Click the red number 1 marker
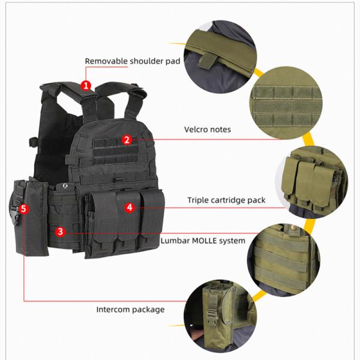click(x=86, y=85)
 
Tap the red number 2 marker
click(x=126, y=140)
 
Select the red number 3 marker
click(x=60, y=231)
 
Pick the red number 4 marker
click(x=130, y=208)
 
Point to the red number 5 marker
click(x=23, y=209)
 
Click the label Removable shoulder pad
click(x=133, y=61)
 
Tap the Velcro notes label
click(x=207, y=129)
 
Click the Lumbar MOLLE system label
click(x=203, y=241)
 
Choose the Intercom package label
click(x=130, y=310)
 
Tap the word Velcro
click(x=196, y=129)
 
